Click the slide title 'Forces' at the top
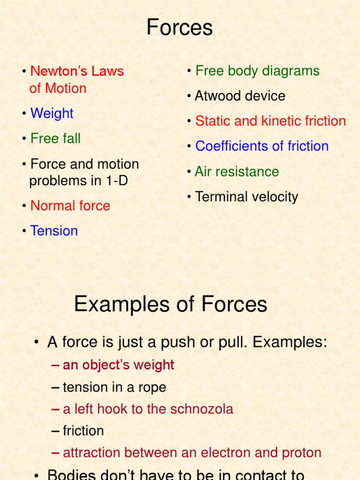pos(180,28)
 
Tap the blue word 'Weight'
pos(52,113)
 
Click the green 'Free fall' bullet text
pos(55,139)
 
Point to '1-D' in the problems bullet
pos(116,181)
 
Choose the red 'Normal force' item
pos(70,206)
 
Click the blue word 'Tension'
pos(54,231)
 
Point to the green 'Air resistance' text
pos(237,172)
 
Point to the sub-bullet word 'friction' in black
pos(83,431)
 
